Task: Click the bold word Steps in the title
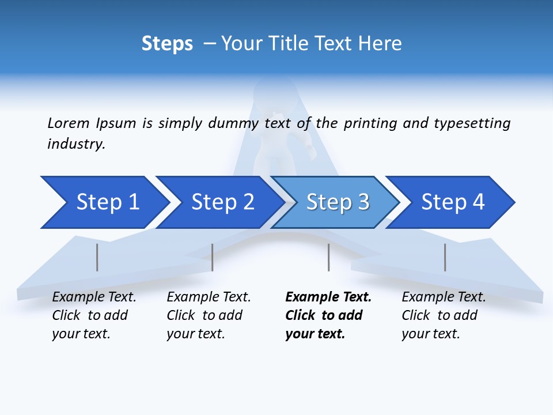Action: (167, 44)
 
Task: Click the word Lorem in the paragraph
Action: (69, 123)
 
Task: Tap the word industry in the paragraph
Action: (76, 144)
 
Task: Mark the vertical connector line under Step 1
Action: (97, 257)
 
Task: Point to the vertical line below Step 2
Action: (213, 257)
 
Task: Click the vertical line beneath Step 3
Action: (328, 257)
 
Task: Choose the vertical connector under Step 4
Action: (445, 257)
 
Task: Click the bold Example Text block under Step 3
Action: (328, 315)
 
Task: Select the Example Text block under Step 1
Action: (94, 315)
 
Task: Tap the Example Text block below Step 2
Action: (209, 315)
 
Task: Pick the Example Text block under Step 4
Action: (444, 315)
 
